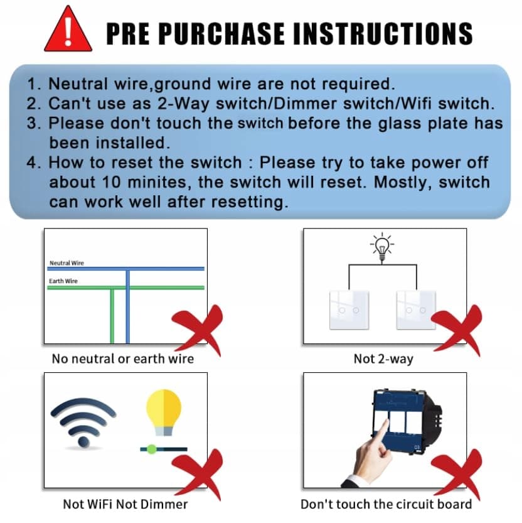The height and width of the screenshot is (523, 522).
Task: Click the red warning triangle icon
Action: (68, 31)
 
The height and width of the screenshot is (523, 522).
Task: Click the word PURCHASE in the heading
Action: (221, 33)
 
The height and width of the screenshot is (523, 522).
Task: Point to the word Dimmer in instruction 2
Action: (305, 104)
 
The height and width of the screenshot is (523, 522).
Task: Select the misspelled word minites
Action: (159, 182)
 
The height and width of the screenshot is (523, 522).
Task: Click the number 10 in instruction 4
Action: (112, 182)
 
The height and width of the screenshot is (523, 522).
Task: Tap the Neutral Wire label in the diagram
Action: (67, 263)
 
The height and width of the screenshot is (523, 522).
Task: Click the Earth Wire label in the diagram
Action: (63, 281)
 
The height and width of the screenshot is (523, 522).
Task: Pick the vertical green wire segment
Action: (112, 316)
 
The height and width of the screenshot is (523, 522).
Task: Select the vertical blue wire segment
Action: (127, 306)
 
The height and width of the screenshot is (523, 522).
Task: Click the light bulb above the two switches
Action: (382, 247)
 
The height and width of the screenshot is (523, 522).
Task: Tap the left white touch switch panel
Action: (349, 310)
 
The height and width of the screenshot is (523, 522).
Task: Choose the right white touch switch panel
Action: (416, 310)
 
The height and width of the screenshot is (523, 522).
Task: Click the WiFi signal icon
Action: (83, 422)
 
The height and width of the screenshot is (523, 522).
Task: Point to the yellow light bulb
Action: (164, 412)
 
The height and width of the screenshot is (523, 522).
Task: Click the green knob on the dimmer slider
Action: (152, 450)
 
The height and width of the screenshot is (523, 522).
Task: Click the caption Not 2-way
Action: (383, 359)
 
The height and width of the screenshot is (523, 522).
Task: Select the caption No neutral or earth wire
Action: (123, 359)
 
